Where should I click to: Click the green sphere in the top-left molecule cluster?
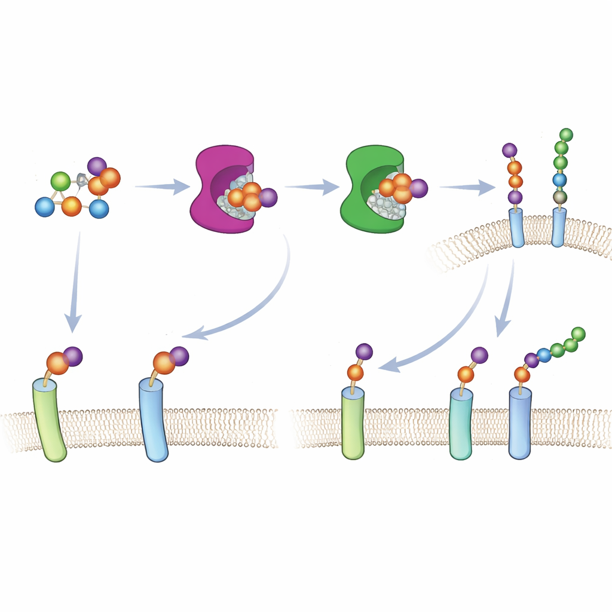[x=60, y=180]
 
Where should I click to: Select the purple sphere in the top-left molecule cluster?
[x=97, y=167]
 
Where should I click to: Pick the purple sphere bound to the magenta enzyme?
[x=268, y=197]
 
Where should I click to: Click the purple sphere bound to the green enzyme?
[x=418, y=188]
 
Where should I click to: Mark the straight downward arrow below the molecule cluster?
[x=75, y=281]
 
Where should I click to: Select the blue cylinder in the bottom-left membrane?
[x=153, y=421]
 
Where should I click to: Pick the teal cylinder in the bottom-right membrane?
[x=461, y=424]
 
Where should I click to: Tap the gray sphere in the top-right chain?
[x=560, y=197]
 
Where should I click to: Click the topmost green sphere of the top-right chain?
[x=565, y=134]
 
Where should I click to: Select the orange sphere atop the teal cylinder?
[x=466, y=375]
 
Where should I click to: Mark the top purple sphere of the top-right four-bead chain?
[x=510, y=150]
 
